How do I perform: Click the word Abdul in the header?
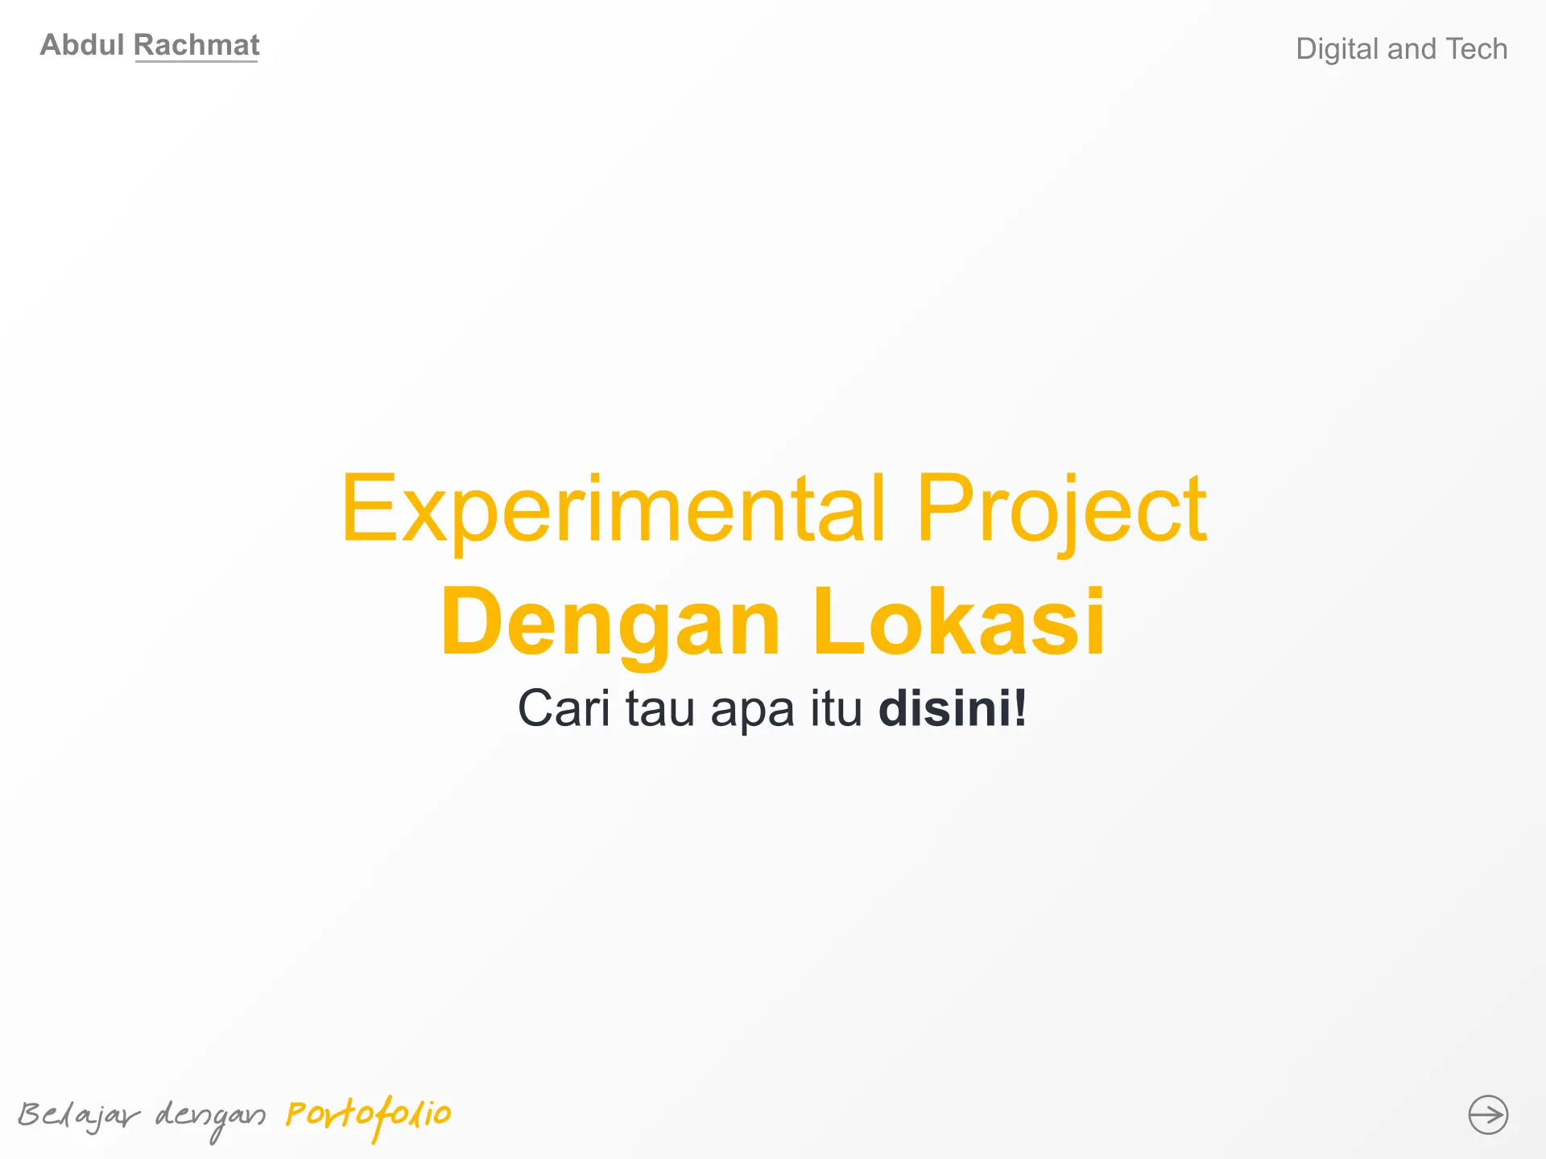pos(82,45)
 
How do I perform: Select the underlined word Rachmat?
pos(196,45)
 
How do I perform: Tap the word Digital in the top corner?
pos(1337,49)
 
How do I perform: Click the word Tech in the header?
pos(1477,49)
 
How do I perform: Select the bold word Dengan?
pos(611,621)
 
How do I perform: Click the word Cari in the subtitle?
pos(564,708)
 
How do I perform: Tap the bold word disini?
pos(945,708)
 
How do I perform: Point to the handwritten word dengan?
pos(210,1118)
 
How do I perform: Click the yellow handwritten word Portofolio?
pos(369,1116)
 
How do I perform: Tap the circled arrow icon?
pos(1488,1115)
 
